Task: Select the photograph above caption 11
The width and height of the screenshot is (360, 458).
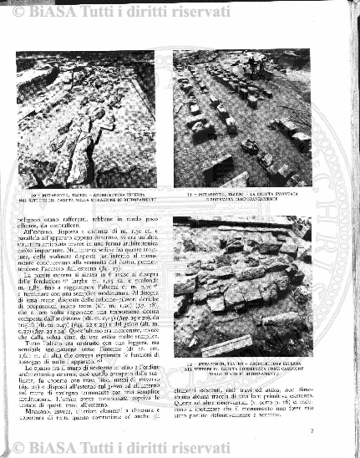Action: pos(242,118)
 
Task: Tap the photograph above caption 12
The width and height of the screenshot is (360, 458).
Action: pos(242,287)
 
